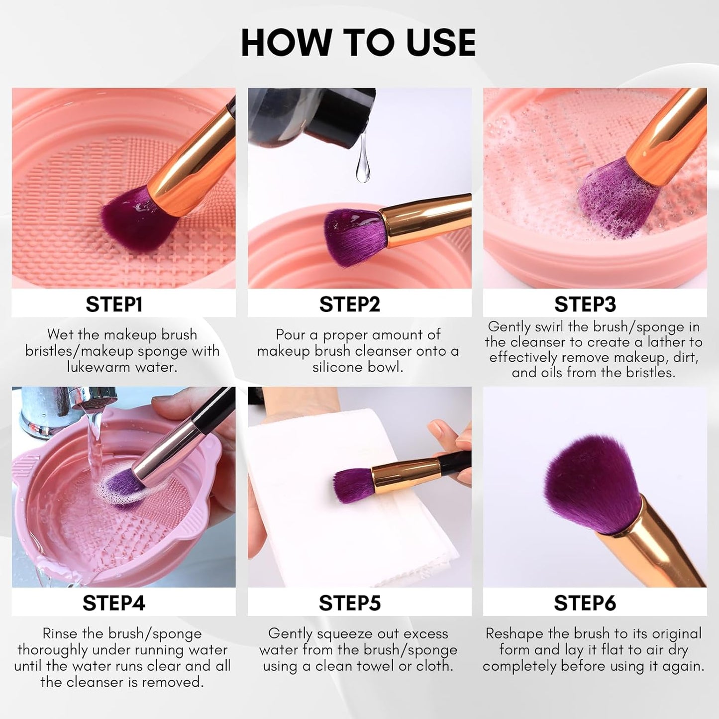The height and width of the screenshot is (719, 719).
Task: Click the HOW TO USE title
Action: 358,43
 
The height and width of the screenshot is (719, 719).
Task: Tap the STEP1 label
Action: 114,304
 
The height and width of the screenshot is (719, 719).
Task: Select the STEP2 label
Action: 349,304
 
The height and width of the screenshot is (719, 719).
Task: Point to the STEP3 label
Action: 585,304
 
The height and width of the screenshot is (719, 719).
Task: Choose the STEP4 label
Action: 114,603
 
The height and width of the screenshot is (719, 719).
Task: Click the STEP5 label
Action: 349,603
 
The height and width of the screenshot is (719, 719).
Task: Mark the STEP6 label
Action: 585,603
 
